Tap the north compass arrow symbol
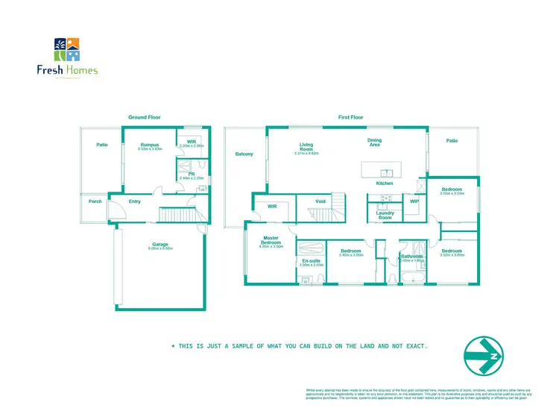click(482, 355)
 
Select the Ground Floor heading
click(145, 117)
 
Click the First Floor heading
click(350, 117)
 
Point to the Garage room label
click(160, 245)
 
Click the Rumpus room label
click(149, 145)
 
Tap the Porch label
click(95, 201)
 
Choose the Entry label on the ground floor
click(134, 201)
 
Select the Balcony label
click(244, 154)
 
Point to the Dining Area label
click(374, 142)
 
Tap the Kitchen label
click(385, 183)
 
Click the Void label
click(320, 201)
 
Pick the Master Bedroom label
click(271, 241)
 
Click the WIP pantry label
click(414, 201)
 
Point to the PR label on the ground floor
click(192, 174)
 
